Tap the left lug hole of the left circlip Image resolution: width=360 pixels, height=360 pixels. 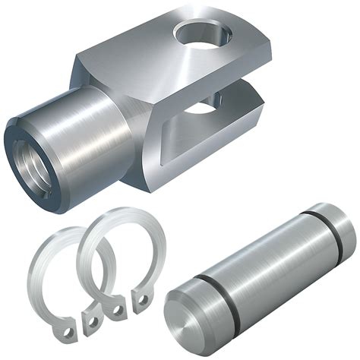coord(69,331)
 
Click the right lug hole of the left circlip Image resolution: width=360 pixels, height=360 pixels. coord(92,322)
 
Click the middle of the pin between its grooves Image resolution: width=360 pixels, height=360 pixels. coord(266,266)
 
